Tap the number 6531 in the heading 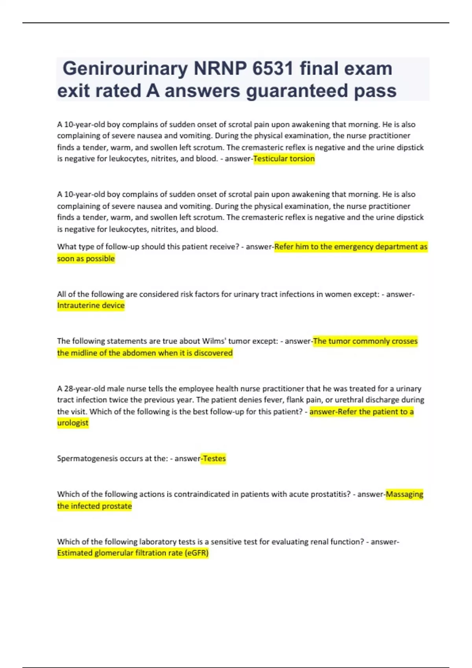click(x=273, y=69)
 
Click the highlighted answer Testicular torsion click(x=284, y=159)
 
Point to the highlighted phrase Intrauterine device click(x=91, y=305)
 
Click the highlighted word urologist click(x=73, y=423)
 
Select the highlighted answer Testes click(x=214, y=459)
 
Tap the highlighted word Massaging click(x=404, y=494)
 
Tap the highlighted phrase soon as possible click(x=86, y=259)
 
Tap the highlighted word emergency click(x=347, y=247)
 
